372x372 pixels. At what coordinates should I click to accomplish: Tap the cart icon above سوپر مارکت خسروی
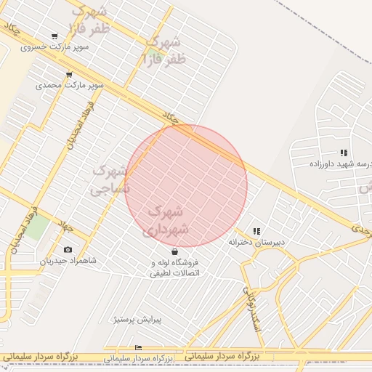click(54, 36)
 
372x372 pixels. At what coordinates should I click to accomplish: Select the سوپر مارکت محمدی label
click(70, 85)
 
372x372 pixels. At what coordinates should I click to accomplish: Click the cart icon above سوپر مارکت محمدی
click(69, 74)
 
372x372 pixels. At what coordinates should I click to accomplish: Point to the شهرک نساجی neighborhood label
click(110, 180)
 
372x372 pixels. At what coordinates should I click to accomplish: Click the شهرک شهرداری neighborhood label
click(169, 220)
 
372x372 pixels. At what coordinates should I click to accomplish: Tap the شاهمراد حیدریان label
click(68, 260)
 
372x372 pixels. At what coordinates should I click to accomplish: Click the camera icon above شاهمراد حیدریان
click(68, 249)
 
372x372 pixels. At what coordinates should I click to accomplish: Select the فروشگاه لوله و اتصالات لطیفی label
click(174, 267)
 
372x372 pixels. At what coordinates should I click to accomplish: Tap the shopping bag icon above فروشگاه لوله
click(174, 251)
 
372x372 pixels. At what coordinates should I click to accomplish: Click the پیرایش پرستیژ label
click(137, 319)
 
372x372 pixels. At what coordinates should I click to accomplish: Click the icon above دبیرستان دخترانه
click(256, 230)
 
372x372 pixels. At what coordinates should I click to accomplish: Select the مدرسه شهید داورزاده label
click(341, 164)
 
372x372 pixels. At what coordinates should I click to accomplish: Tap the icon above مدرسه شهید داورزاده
click(344, 153)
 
